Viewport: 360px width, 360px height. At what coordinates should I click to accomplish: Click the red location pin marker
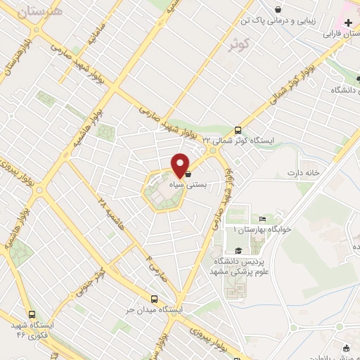[x=180, y=165]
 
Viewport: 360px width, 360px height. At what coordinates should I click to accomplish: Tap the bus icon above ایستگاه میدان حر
[x=154, y=298]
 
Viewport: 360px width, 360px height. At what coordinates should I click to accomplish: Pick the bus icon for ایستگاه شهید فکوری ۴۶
[x=31, y=314]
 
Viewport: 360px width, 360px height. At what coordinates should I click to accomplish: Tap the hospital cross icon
[x=348, y=23]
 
